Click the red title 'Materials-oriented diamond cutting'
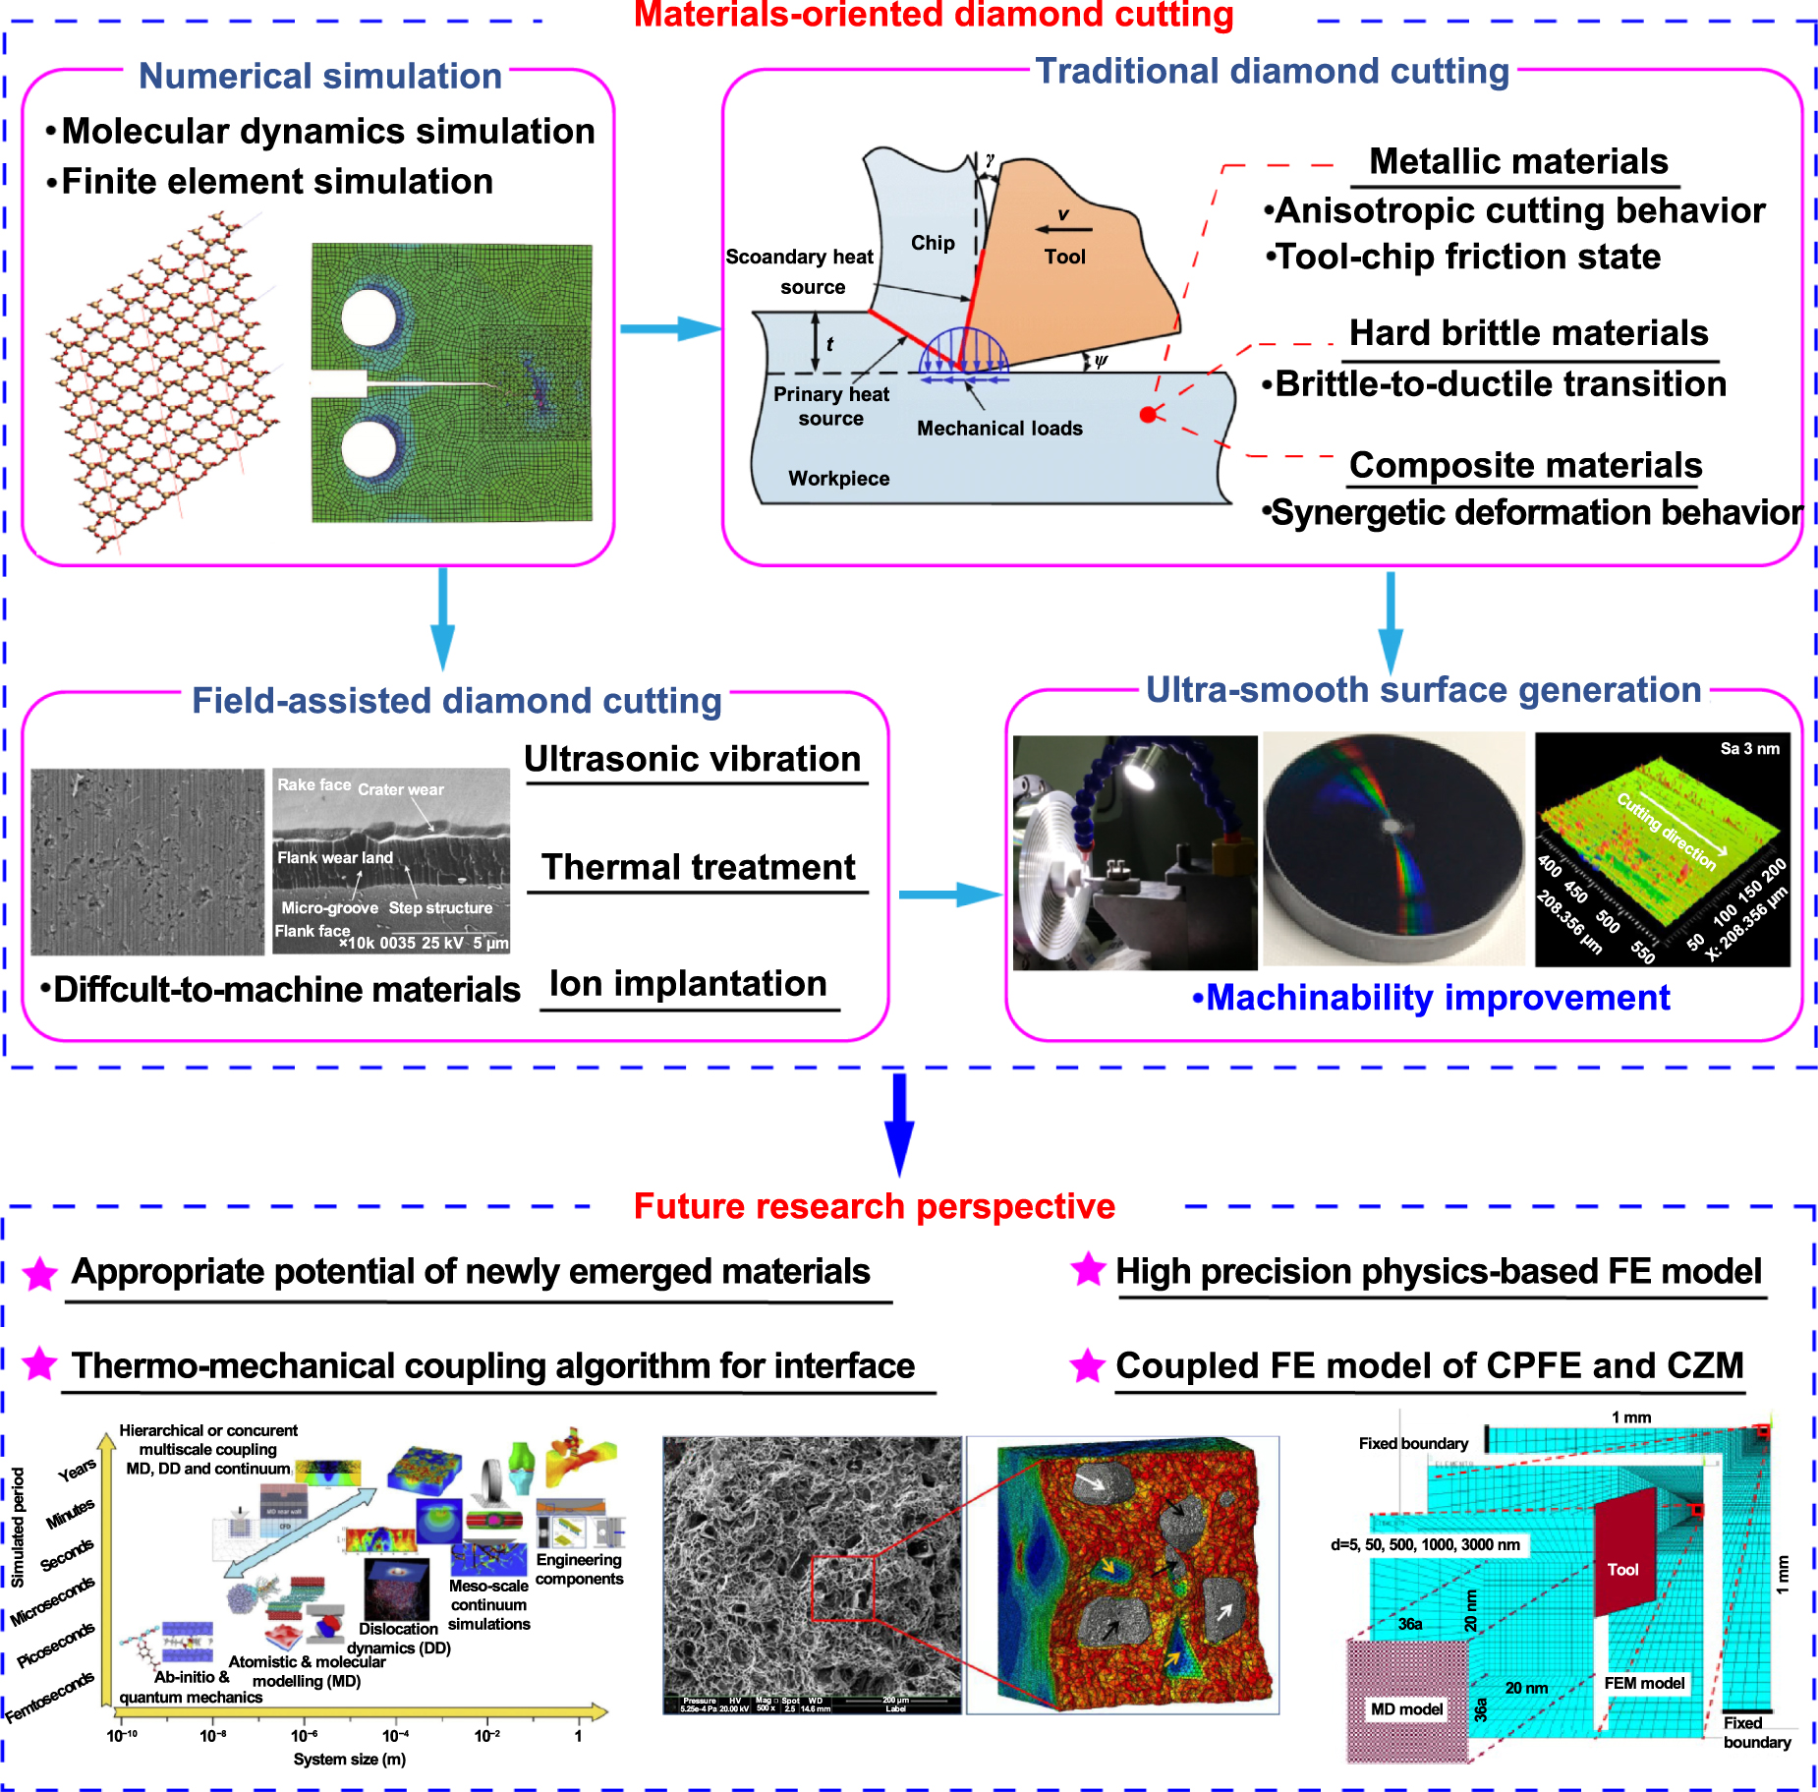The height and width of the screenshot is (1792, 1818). coord(933,15)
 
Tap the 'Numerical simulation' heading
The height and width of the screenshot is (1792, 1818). coord(319,76)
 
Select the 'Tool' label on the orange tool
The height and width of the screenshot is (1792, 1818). coord(1064,257)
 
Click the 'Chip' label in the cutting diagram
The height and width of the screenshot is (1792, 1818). coord(932,243)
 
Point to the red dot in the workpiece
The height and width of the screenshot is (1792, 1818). coord(1147,415)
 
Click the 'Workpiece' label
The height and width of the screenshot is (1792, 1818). coord(838,479)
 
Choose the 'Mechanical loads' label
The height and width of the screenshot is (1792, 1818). coord(999,429)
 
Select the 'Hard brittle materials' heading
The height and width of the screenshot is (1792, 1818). coord(1528,333)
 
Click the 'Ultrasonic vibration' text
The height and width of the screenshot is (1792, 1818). coord(692,759)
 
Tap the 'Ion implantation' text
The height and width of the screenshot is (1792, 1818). coord(688,983)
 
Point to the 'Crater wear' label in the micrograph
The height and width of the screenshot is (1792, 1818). coord(400,789)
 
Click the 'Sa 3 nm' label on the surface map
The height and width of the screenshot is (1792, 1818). coord(1749,749)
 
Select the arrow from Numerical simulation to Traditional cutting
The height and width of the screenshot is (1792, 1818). coord(669,329)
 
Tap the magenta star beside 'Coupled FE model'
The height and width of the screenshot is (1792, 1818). coord(1087,1366)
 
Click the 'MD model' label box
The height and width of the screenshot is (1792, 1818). coord(1406,1709)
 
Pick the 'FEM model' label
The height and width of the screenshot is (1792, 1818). coord(1644,1683)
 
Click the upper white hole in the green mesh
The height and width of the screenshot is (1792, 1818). coord(369,318)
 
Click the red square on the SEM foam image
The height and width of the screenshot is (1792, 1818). coord(842,1588)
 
